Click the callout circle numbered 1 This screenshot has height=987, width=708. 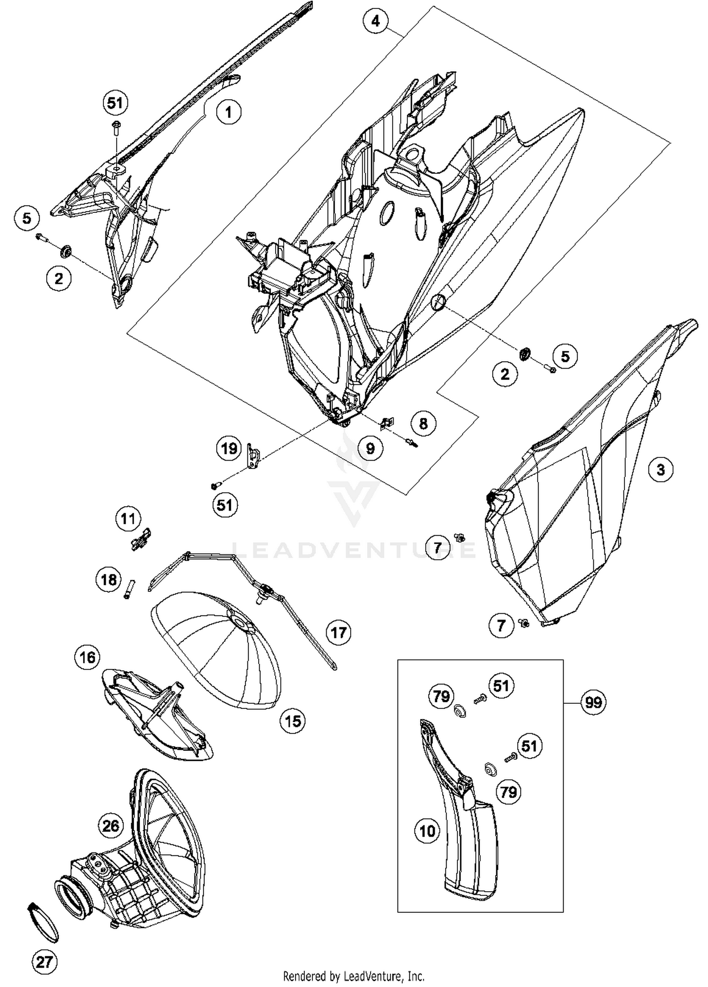(x=228, y=112)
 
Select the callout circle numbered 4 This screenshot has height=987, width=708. (x=376, y=21)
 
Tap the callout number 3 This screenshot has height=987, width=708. (x=660, y=470)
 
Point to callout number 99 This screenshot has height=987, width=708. (x=593, y=702)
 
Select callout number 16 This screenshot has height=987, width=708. (x=88, y=657)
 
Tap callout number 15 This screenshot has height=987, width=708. (x=293, y=721)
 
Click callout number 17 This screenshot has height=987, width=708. (x=338, y=633)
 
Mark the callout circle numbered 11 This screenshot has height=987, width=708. (x=128, y=519)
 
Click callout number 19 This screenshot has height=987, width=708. (x=229, y=448)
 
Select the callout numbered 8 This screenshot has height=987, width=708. (x=423, y=423)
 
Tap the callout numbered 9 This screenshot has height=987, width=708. (x=370, y=448)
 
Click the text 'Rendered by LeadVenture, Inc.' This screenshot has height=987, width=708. (x=354, y=975)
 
